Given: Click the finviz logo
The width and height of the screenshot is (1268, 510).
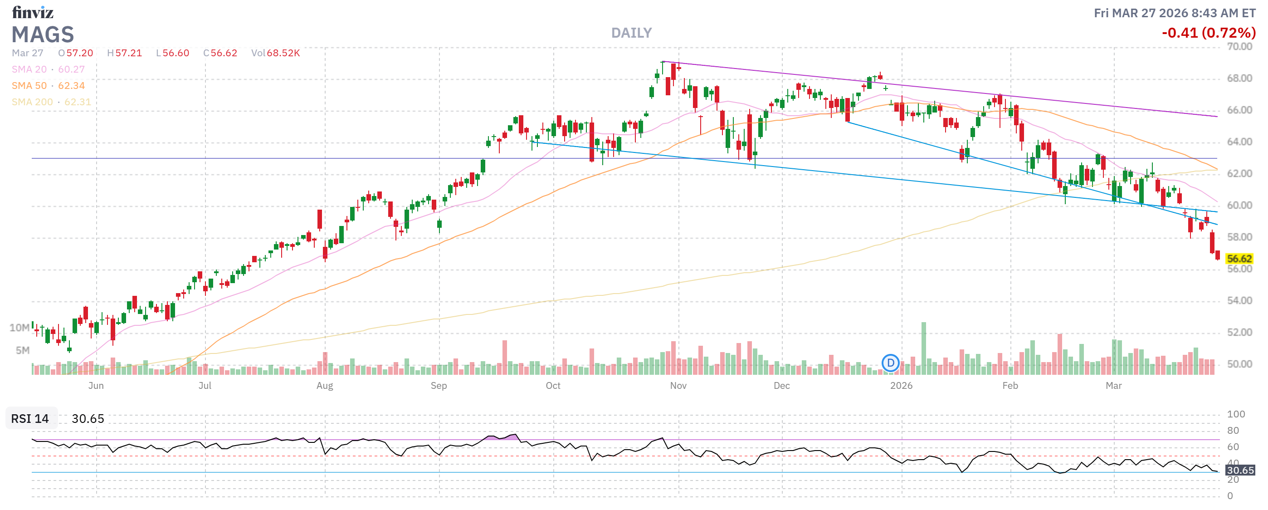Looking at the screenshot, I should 33,12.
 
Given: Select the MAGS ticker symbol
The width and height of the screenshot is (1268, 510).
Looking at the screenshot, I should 43,34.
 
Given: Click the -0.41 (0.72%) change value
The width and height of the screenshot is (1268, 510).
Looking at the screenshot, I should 1208,33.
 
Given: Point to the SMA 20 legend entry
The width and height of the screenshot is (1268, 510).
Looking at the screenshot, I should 48,69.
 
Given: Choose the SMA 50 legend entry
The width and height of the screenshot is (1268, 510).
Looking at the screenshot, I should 48,86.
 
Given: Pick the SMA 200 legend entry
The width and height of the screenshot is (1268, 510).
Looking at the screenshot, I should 52,102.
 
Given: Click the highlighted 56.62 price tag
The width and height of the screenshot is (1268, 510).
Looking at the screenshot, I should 1239,259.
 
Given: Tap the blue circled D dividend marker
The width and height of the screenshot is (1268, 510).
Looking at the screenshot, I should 890,363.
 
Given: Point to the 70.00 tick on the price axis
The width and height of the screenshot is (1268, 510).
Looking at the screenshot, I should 1239,47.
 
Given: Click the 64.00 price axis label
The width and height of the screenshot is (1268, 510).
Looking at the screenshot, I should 1239,142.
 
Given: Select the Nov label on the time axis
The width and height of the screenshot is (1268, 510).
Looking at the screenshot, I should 678,386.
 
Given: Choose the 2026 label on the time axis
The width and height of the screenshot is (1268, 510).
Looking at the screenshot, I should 901,386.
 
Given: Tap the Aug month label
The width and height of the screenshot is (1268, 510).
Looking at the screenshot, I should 324,386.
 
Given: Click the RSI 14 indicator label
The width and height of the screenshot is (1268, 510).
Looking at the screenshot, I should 30,418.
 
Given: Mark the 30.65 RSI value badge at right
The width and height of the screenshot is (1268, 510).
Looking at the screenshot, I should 1239,470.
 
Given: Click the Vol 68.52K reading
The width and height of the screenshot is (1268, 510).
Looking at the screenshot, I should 275,53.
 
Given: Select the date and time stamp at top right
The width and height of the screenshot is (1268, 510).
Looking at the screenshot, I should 1174,13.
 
